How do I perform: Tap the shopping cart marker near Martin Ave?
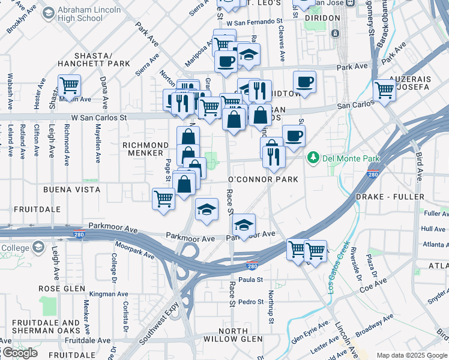pos(70,85)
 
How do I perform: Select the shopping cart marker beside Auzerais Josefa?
pos(384,90)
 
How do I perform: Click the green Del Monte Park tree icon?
pos(312,158)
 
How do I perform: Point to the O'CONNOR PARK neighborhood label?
pos(263,179)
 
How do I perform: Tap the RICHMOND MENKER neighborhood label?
pos(145,149)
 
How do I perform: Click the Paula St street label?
pos(251,280)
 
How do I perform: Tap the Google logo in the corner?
pos(20,353)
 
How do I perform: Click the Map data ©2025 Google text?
pos(412,355)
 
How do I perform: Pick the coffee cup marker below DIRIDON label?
pos(304,82)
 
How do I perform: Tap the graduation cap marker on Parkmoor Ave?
pos(244,225)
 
